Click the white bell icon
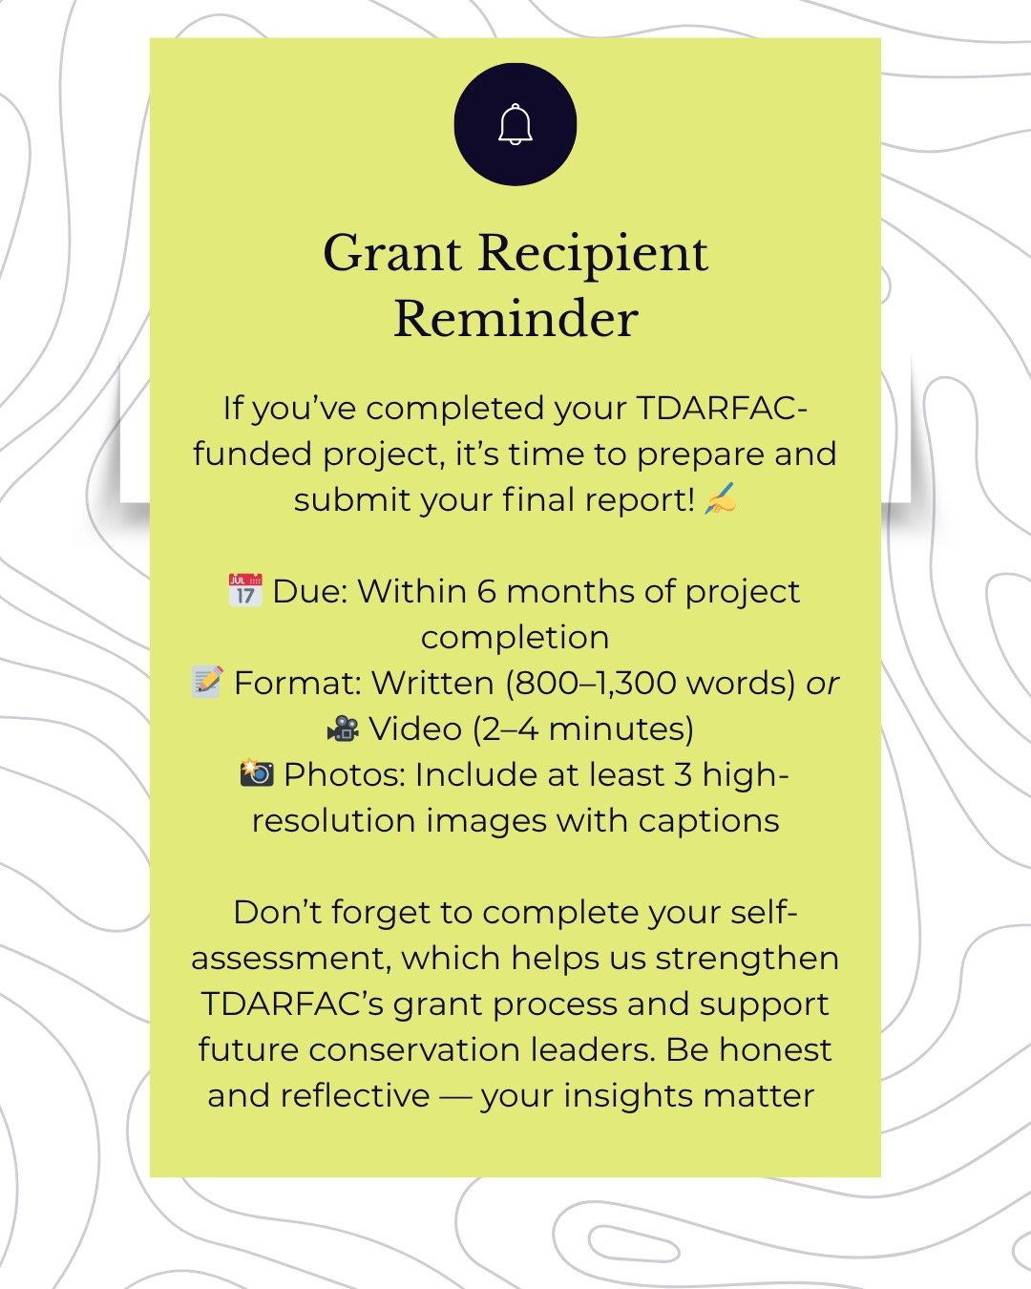515,124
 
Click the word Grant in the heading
392,254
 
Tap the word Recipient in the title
593,254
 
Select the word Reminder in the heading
515,319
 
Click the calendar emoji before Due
245,590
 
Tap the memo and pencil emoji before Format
207,682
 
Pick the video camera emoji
343,729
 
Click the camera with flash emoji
257,772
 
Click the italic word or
822,684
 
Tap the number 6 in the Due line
487,591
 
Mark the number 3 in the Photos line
683,774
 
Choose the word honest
775,1049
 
